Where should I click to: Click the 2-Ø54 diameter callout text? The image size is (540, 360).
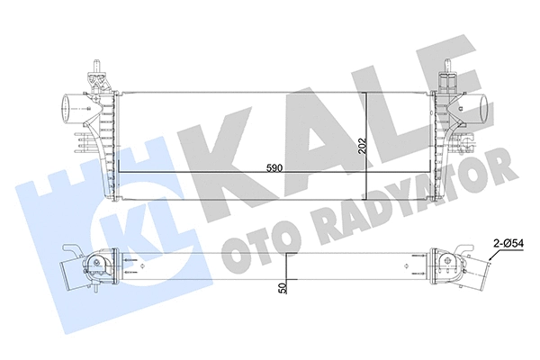(x=508, y=242)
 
